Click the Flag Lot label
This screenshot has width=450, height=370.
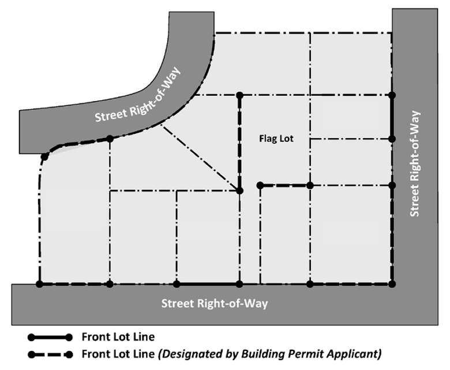(x=276, y=139)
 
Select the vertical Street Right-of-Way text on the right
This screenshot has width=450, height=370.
(x=415, y=163)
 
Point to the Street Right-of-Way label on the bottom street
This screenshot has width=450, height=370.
(x=215, y=304)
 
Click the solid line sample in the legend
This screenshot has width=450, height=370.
(x=50, y=337)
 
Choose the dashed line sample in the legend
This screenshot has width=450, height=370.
(x=50, y=354)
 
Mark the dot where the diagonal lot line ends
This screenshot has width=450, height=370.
(x=239, y=190)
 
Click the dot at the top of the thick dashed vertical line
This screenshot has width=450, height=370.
(x=239, y=95)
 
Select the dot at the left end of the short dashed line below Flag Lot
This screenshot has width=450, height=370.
(x=260, y=185)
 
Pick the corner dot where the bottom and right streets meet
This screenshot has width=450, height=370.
(x=392, y=284)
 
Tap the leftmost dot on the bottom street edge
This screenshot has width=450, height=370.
(x=40, y=284)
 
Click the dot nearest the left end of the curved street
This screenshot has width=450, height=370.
(x=44, y=157)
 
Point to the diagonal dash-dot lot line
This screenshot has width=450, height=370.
(x=200, y=158)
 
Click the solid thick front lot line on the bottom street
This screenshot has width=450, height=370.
(x=208, y=284)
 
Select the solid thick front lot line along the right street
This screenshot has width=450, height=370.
(x=392, y=117)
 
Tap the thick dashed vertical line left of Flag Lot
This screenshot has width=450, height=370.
(x=239, y=143)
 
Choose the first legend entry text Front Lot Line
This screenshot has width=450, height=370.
(x=118, y=337)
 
